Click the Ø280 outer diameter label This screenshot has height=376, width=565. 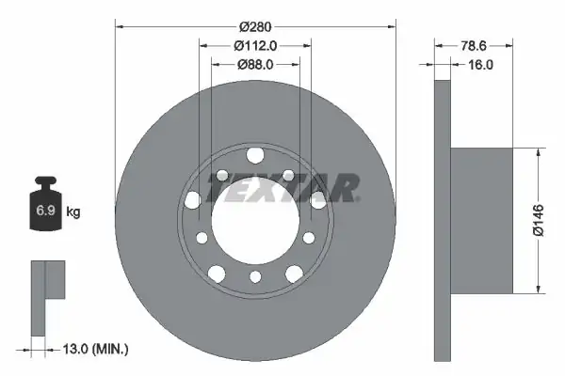point(255,26)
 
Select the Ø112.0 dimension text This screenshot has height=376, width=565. point(255,46)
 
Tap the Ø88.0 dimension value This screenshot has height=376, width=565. point(255,65)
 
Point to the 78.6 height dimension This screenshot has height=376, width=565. point(474,46)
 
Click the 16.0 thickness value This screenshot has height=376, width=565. point(480,65)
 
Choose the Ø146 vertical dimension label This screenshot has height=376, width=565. point(539,220)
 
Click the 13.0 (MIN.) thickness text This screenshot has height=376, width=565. point(96,349)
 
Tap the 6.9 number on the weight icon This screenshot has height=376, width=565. point(45,211)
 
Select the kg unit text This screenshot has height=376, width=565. point(73,211)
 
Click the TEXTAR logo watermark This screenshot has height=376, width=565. point(282,188)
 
